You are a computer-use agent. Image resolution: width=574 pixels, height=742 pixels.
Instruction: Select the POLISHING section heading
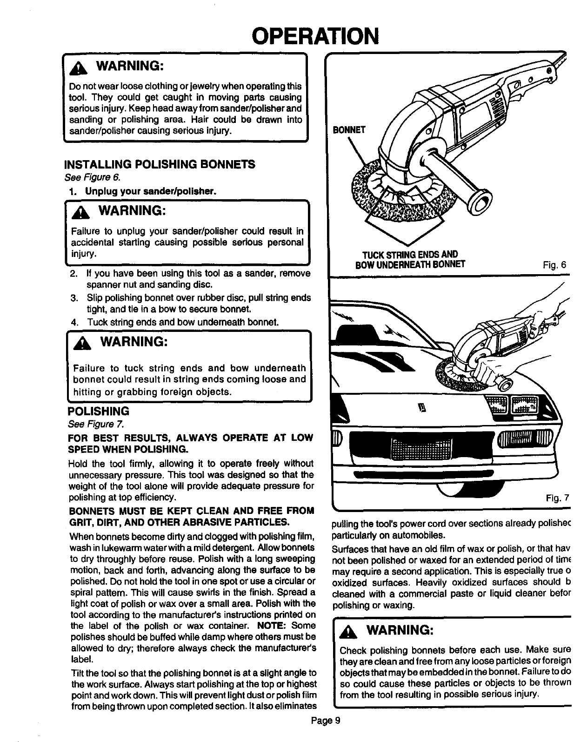tap(98, 411)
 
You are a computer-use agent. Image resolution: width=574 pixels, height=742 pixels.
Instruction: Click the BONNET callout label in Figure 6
tap(349, 130)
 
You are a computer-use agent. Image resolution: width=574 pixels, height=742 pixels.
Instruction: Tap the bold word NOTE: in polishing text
tap(274, 625)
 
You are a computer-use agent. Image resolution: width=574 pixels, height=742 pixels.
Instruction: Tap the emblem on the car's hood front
tap(423, 409)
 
